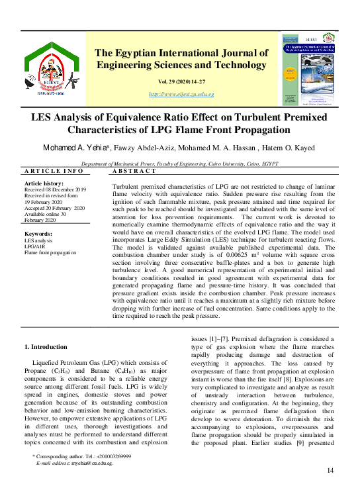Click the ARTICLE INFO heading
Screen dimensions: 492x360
[54, 172]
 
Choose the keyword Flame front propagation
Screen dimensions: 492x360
[50, 253]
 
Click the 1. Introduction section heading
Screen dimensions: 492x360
[46, 347]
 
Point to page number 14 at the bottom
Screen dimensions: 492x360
[331, 470]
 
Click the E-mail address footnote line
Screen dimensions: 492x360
[75, 464]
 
